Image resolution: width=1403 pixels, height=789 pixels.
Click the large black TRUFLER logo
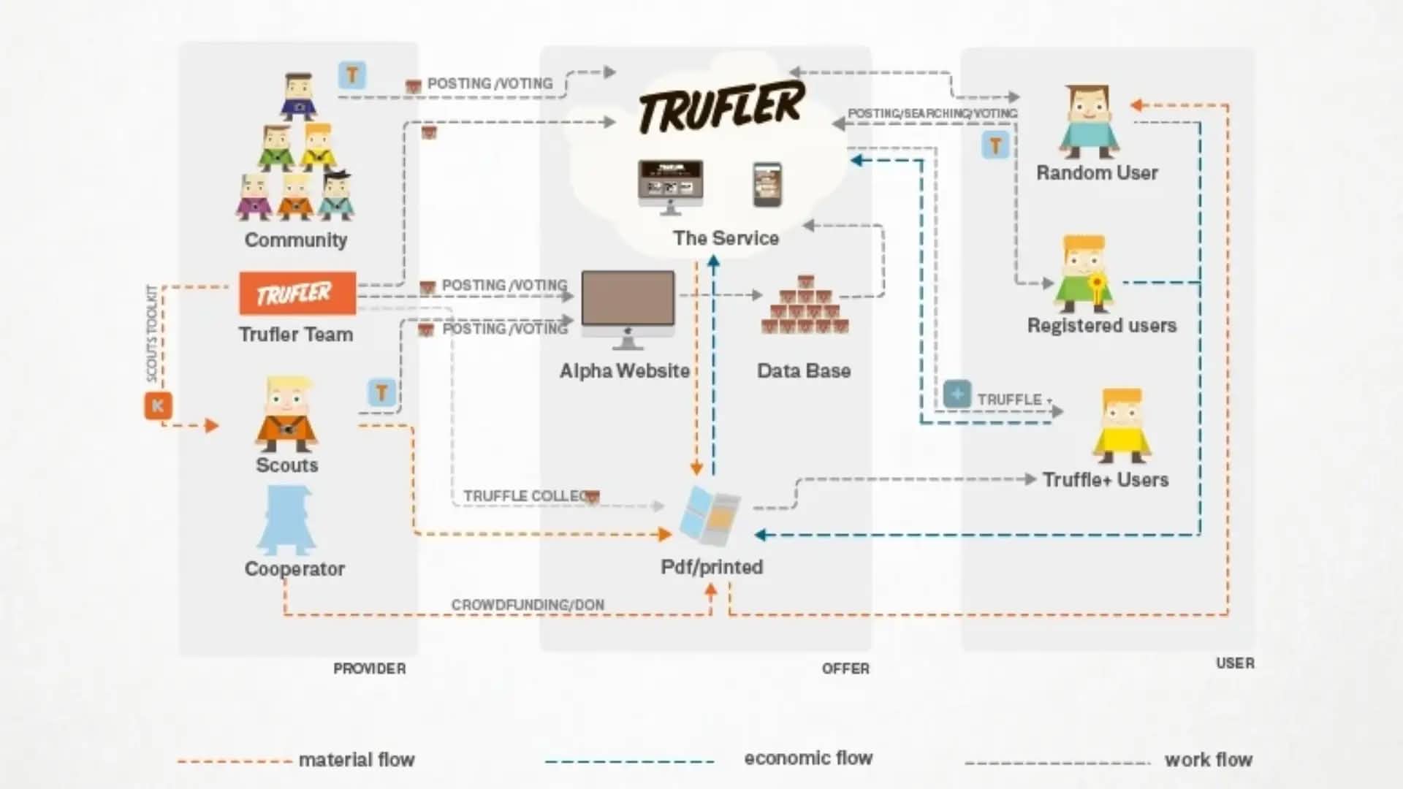pos(721,107)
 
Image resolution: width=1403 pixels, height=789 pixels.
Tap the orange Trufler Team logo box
pos(297,293)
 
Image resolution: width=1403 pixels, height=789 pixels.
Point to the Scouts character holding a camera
pos(286,414)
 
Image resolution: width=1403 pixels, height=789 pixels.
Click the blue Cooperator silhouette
pos(286,521)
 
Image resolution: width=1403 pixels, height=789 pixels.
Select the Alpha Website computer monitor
pos(628,300)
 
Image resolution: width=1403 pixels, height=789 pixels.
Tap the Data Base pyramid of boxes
pos(805,306)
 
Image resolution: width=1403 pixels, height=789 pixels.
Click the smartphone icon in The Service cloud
pos(767,184)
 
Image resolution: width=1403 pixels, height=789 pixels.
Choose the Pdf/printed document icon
pos(709,516)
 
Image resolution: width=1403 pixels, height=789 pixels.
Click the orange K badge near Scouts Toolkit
pos(158,405)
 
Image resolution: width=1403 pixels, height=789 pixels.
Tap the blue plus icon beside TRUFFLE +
pos(957,394)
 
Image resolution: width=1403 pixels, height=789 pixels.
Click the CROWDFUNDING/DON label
pos(528,605)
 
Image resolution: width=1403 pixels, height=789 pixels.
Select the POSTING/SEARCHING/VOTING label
pos(932,113)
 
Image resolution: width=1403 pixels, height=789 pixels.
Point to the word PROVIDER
pos(369,668)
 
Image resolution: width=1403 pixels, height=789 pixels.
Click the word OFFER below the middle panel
pos(845,668)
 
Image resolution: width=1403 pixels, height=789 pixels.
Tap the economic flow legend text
pos(808,758)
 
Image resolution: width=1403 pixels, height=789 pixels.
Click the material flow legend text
pos(357,760)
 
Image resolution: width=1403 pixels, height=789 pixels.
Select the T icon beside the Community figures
pos(352,75)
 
